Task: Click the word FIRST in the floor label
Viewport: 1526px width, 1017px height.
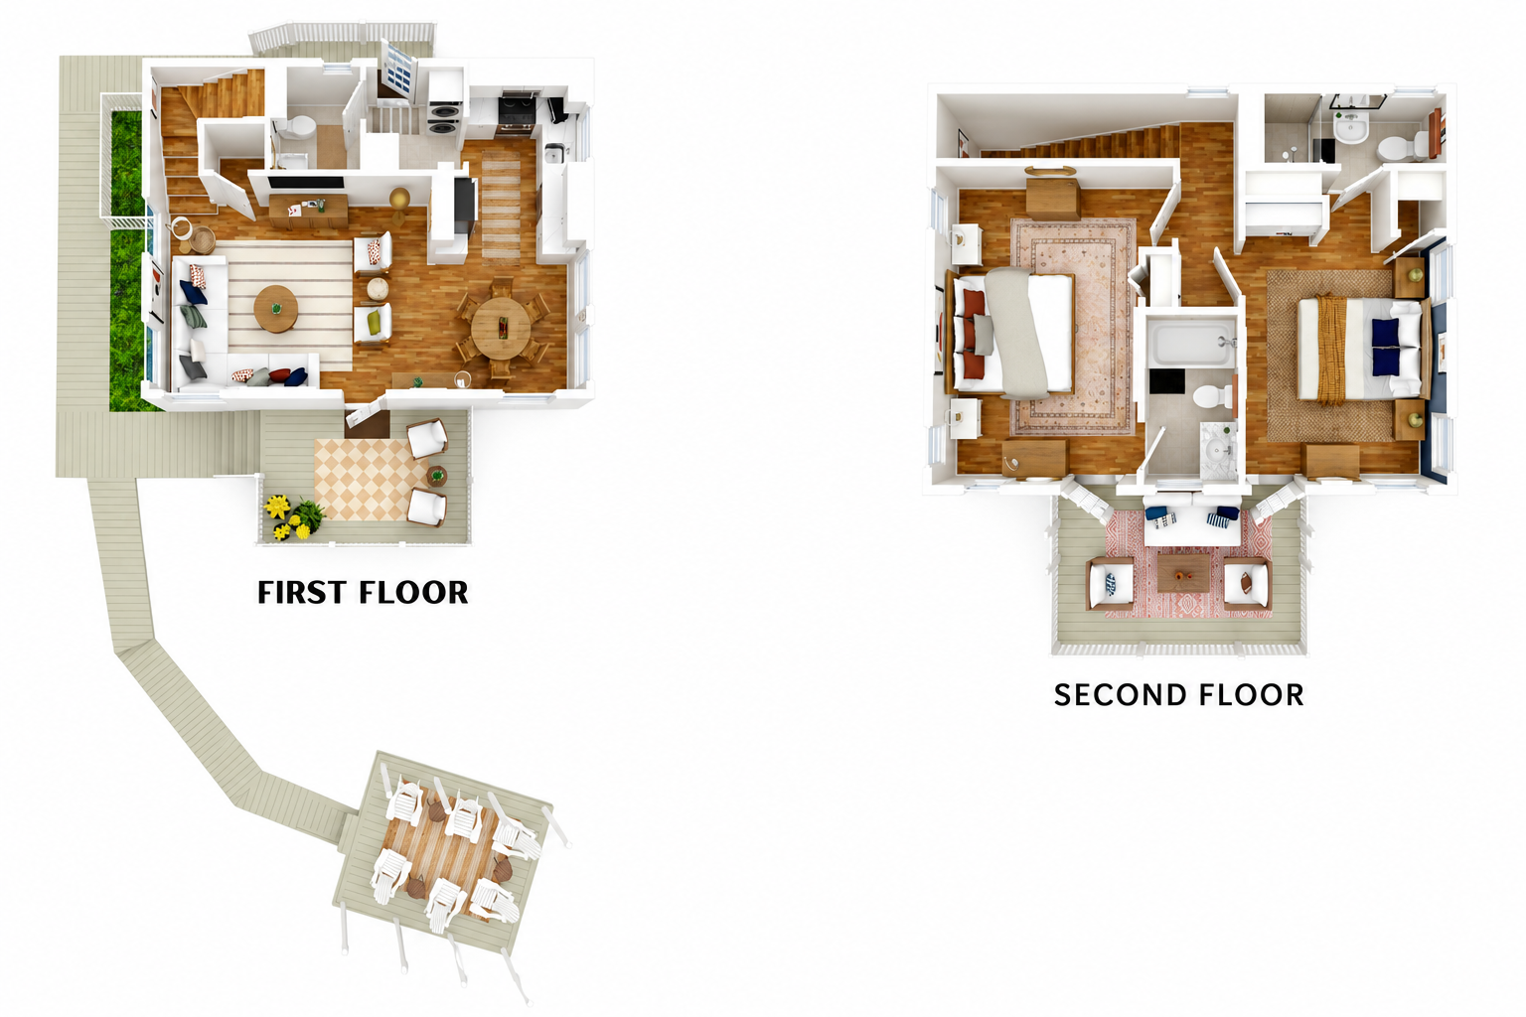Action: (x=302, y=593)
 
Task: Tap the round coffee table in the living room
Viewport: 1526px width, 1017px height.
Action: (x=275, y=309)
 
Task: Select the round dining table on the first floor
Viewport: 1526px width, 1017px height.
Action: (x=501, y=329)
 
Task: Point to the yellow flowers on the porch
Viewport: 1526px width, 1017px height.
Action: (x=287, y=517)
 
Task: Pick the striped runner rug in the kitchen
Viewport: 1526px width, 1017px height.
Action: (x=501, y=208)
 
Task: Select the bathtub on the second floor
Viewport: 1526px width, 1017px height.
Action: (x=1191, y=343)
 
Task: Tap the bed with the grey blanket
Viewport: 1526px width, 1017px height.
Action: (x=1011, y=333)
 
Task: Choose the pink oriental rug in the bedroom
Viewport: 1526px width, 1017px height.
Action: (x=1073, y=327)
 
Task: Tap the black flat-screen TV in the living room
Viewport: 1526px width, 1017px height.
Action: (x=307, y=182)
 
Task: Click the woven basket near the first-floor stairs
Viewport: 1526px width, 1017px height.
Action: (x=203, y=240)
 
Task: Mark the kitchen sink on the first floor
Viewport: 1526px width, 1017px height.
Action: (x=554, y=155)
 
